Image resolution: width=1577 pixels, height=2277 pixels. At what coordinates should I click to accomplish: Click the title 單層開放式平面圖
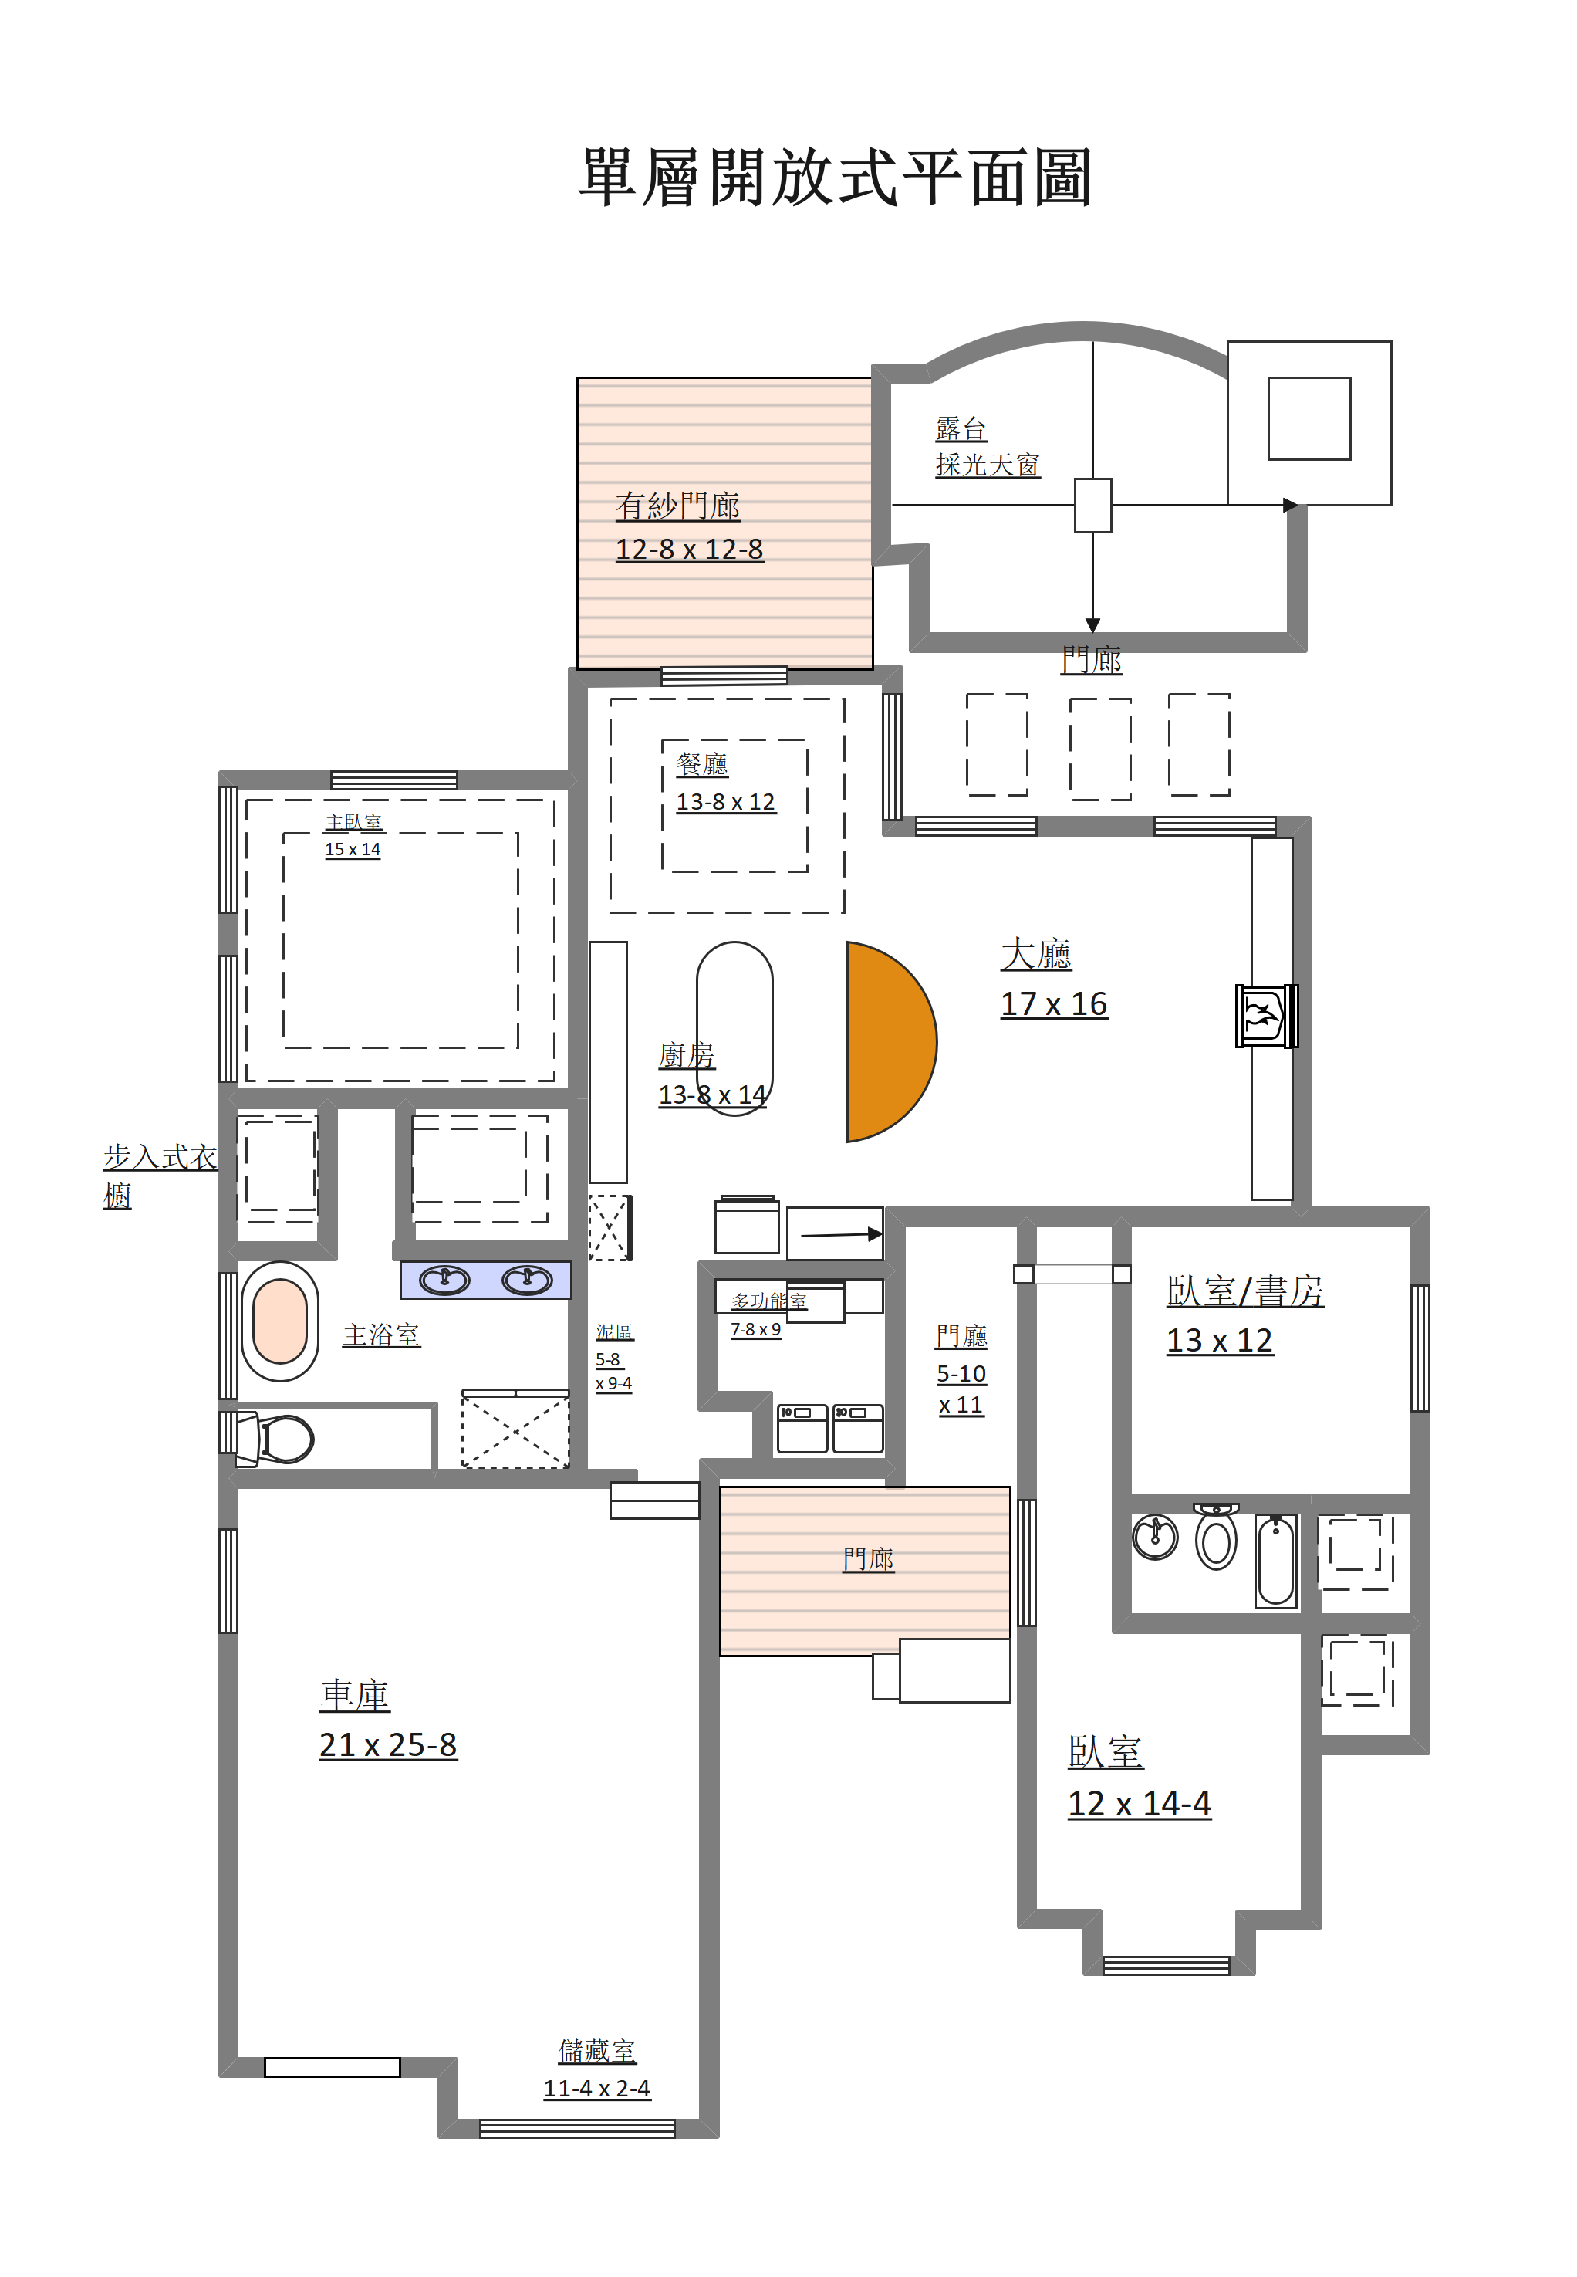tap(835, 178)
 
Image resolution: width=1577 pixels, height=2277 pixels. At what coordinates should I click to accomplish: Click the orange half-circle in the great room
tap(890, 1042)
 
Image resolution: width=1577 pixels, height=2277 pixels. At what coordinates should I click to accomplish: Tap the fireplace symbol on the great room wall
tap(1266, 1015)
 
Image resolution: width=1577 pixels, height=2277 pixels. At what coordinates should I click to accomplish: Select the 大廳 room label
tap(1035, 954)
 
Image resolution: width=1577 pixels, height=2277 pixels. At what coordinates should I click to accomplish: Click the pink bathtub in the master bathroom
tap(281, 1321)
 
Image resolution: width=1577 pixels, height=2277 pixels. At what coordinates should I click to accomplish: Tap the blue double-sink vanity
tap(485, 1281)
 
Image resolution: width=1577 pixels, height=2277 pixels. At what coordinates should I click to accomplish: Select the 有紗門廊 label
tap(678, 506)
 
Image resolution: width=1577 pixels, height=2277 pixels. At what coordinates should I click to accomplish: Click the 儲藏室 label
tap(597, 2051)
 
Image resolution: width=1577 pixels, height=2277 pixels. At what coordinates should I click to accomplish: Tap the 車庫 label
tap(355, 1696)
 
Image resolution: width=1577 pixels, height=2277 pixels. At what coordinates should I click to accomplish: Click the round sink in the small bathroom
tap(1155, 1537)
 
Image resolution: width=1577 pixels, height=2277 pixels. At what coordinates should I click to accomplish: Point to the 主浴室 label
tap(381, 1335)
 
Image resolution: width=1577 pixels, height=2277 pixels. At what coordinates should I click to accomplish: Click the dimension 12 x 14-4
tap(1140, 1804)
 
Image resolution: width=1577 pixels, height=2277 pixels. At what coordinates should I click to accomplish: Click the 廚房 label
tap(687, 1055)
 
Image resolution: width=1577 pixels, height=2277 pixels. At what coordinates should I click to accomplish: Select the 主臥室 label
tap(353, 822)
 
